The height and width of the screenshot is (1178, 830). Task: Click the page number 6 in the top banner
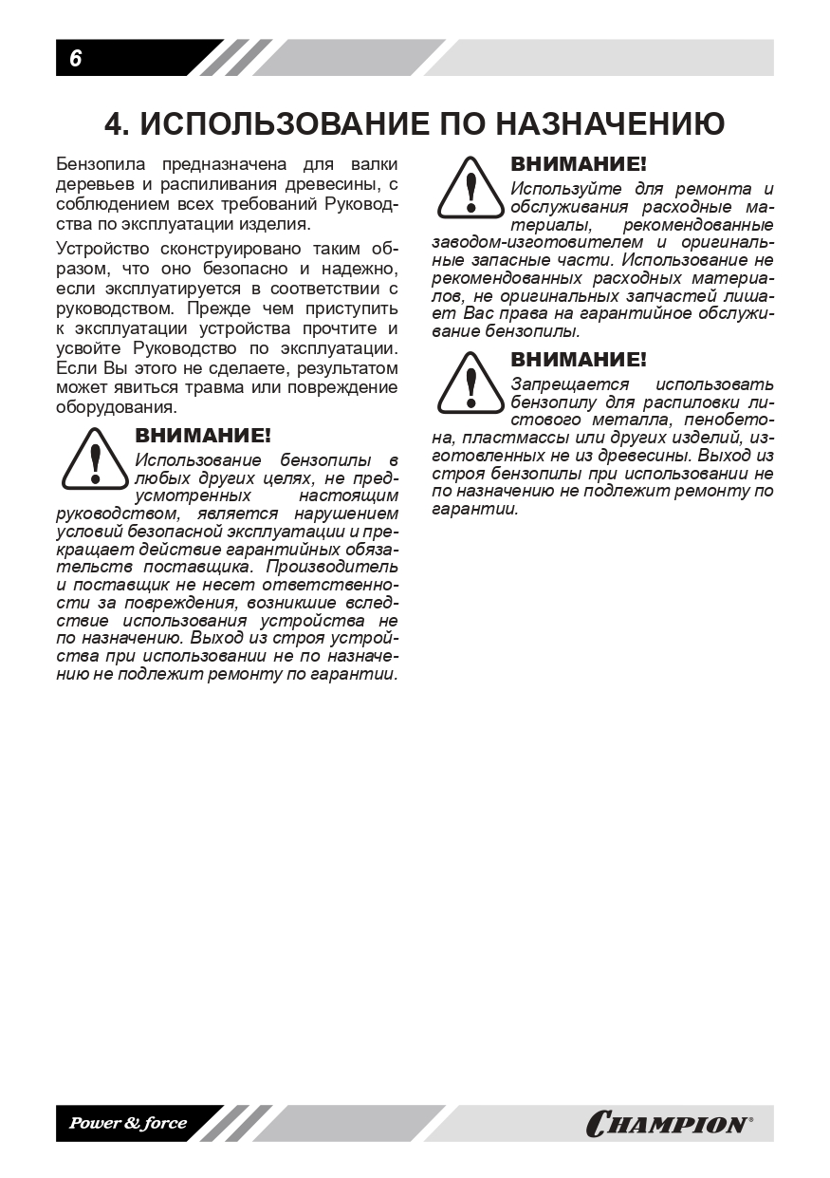coord(75,59)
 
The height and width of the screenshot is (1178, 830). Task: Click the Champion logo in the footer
coord(669,1124)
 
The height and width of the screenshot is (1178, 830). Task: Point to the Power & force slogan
coord(127,1124)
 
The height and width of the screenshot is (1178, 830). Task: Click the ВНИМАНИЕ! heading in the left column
coord(203,436)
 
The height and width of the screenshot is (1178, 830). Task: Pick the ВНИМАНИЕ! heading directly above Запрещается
coord(579,360)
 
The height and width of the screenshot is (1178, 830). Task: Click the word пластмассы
coord(520,437)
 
